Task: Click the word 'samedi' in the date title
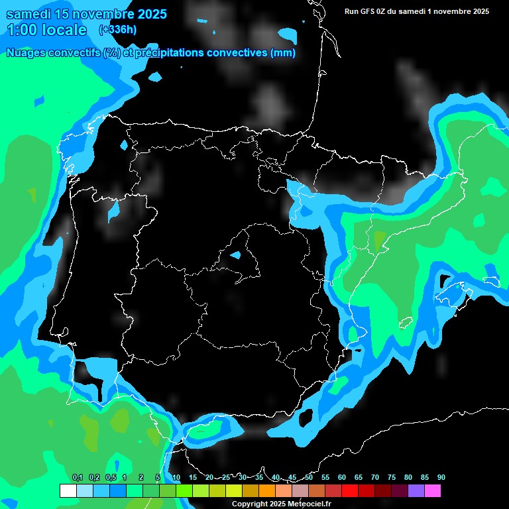click(29, 14)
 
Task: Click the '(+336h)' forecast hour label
click(118, 29)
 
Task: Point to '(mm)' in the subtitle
click(283, 53)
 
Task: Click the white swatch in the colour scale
click(68, 491)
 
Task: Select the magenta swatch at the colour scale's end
click(433, 491)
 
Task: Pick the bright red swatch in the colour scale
click(350, 491)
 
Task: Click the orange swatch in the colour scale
click(267, 491)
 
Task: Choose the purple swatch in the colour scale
click(416, 491)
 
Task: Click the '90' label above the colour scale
click(441, 477)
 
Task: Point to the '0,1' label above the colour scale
click(77, 477)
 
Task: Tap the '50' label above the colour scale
click(309, 477)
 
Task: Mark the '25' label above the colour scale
click(225, 477)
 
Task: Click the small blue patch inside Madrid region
click(236, 254)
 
